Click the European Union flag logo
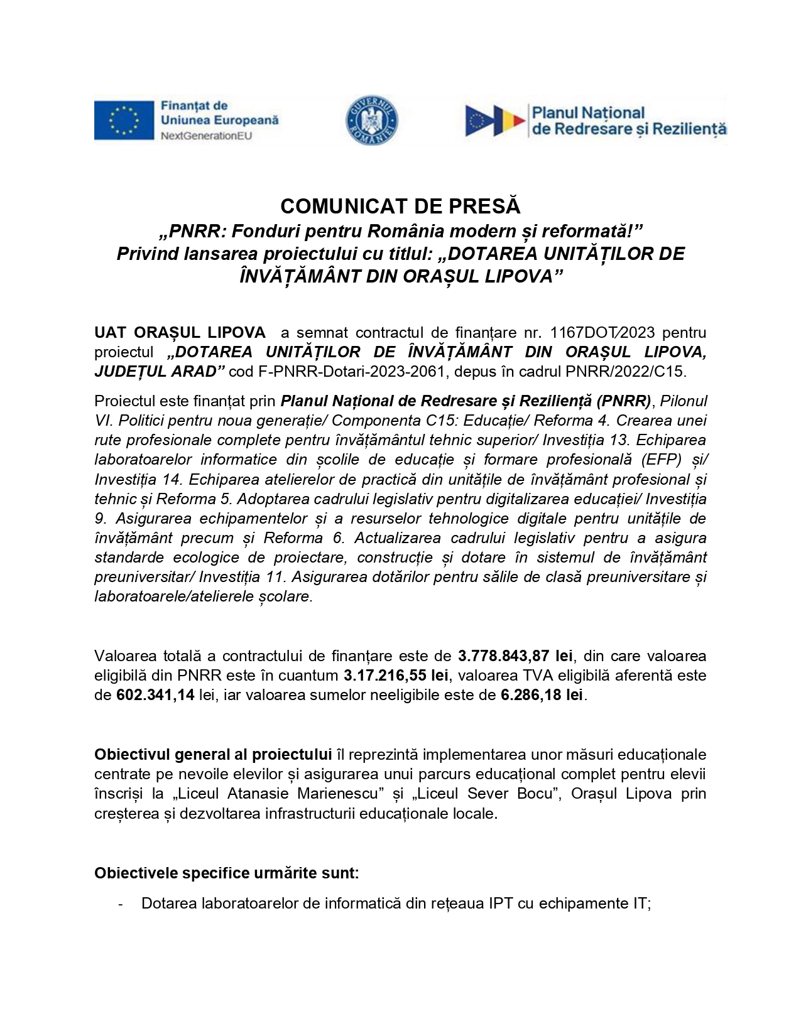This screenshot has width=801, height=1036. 124,120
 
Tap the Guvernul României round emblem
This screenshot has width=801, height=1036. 372,120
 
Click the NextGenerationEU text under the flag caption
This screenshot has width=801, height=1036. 206,136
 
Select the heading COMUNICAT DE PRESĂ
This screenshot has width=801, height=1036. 400,206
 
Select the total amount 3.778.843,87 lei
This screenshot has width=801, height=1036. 515,656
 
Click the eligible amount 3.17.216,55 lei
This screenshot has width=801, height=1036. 396,675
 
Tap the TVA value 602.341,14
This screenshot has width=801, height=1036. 155,695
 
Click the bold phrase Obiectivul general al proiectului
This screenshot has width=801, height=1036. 213,754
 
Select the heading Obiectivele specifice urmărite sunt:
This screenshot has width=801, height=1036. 227,873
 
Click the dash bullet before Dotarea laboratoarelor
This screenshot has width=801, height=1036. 120,904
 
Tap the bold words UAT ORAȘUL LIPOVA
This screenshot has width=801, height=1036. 180,332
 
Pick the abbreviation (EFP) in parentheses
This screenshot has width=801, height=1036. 662,459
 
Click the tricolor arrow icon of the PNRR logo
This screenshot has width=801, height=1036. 495,121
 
